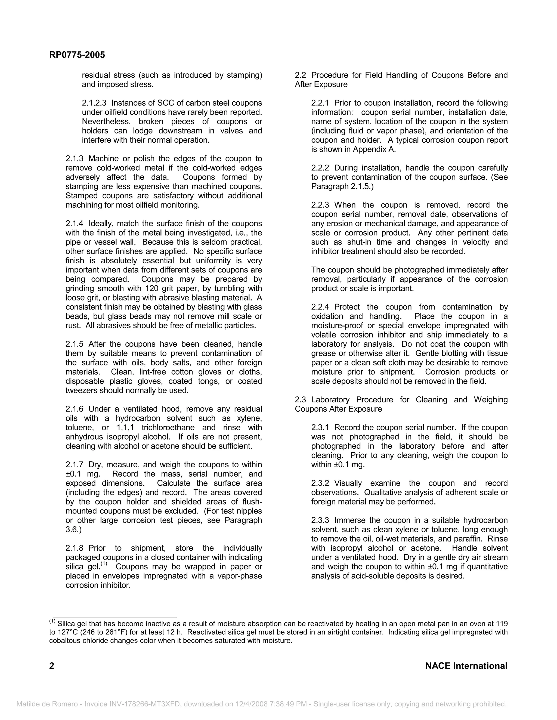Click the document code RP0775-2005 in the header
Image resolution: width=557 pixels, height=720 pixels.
[77, 55]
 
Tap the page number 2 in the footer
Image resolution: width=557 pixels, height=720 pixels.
[52, 666]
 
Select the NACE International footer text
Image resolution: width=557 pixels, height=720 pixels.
[466, 666]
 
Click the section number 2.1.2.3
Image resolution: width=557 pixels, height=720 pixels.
[94, 103]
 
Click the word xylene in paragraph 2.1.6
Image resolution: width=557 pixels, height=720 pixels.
[251, 418]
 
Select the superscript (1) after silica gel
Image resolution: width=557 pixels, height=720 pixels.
[104, 564]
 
